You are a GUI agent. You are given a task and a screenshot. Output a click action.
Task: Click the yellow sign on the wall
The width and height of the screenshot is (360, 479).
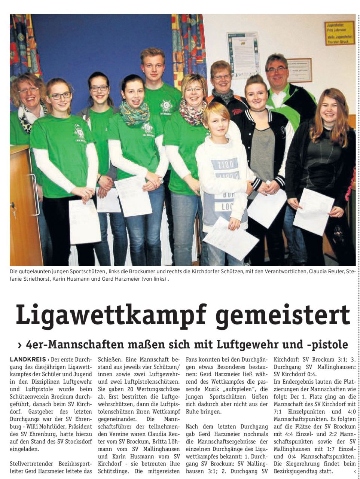[339, 33]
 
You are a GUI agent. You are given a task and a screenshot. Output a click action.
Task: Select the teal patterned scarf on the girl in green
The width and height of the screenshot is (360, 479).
[135, 113]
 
